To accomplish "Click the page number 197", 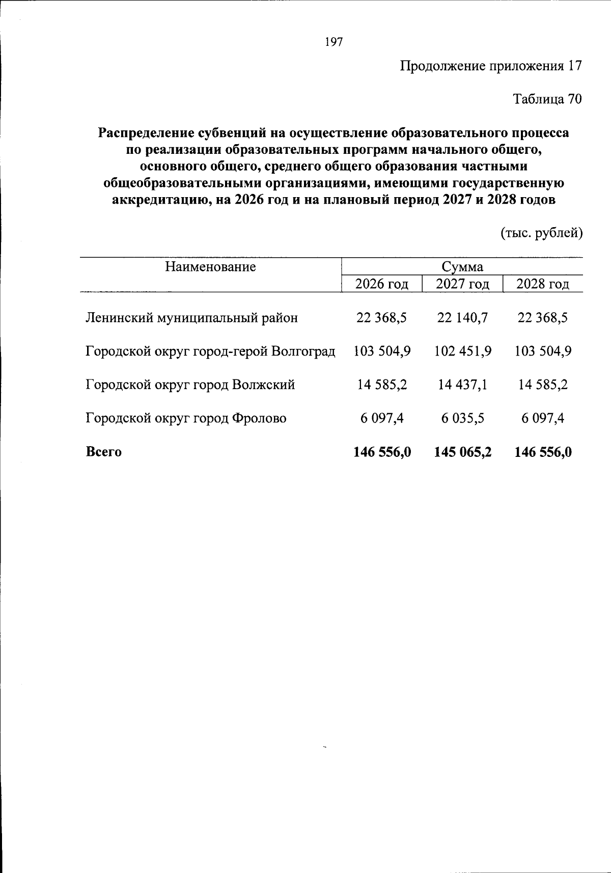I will (x=334, y=42).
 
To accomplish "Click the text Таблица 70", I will (x=546, y=99).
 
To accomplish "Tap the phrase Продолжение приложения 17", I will (x=490, y=66).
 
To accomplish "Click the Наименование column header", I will (x=210, y=267).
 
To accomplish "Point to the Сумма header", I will (x=462, y=267).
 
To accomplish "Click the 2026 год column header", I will (x=381, y=284).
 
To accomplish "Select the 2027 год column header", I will (x=462, y=284).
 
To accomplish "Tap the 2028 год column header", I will (x=542, y=284).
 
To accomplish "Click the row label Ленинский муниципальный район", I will (x=191, y=318).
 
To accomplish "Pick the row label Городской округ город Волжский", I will (x=190, y=385).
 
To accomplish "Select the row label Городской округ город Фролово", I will (x=186, y=418).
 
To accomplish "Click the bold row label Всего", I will (x=104, y=452).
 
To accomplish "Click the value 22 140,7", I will (x=462, y=318).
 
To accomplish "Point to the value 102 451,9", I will (x=462, y=351).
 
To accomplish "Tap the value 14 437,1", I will (x=462, y=385).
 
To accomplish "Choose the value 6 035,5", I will (x=462, y=418).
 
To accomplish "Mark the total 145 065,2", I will (x=462, y=452).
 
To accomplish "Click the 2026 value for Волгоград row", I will (x=382, y=351).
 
